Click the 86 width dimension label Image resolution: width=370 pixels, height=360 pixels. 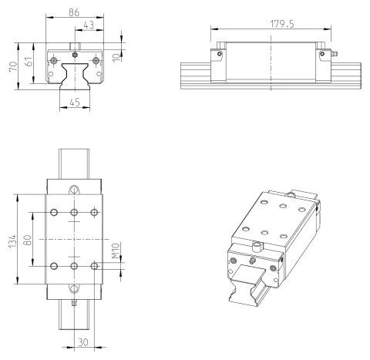[x=74, y=12]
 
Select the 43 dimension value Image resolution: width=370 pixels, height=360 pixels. [x=89, y=25]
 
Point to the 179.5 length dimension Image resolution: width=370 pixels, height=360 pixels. [x=282, y=24]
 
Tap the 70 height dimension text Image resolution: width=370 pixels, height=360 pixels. [x=13, y=66]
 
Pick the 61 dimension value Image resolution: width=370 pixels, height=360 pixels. [x=29, y=62]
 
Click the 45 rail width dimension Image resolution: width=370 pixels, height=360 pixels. [x=75, y=103]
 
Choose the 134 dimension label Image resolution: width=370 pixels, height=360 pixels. [x=12, y=241]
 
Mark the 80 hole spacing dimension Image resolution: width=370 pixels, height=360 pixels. [x=28, y=240]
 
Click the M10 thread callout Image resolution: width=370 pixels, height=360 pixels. [x=116, y=251]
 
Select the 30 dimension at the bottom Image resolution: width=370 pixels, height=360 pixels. [x=83, y=342]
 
